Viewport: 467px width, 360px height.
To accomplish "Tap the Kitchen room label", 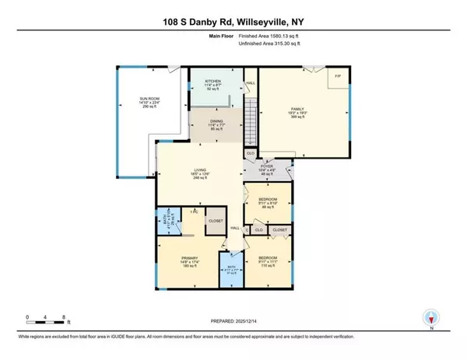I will tap(213, 85).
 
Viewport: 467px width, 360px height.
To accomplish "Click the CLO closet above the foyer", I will tap(251, 154).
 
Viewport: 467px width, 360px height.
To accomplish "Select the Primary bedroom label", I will tap(191, 261).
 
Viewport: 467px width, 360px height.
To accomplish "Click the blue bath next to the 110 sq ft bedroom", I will tap(230, 271).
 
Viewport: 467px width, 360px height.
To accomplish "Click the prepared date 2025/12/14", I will tap(233, 323).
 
